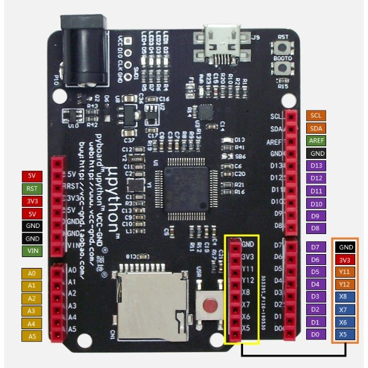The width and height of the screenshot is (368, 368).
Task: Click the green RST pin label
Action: [x=32, y=189]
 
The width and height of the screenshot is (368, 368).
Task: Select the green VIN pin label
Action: [x=32, y=250]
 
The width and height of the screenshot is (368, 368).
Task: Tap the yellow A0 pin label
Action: [x=32, y=273]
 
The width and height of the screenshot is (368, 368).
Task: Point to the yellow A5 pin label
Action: [x=32, y=335]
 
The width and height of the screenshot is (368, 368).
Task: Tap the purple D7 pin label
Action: [x=315, y=247]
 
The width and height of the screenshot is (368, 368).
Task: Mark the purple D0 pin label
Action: [x=315, y=334]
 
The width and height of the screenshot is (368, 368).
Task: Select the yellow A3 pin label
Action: [x=32, y=310]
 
